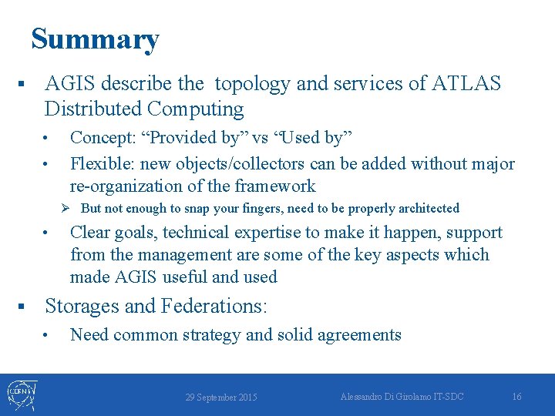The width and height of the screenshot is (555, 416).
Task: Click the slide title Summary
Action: click(95, 39)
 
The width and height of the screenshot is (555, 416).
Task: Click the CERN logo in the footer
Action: click(21, 394)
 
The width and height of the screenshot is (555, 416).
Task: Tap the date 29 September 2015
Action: click(221, 398)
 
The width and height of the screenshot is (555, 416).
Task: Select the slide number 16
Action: click(516, 397)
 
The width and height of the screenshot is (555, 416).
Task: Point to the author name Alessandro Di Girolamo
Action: click(390, 396)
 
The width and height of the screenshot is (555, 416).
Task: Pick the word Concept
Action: click(101, 138)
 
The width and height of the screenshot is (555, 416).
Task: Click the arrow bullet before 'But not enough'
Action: click(66, 208)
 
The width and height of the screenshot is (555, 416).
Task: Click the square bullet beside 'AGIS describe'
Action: click(22, 83)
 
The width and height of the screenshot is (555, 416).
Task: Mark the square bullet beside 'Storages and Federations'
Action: click(22, 307)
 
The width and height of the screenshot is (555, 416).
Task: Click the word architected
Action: click(423, 209)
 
